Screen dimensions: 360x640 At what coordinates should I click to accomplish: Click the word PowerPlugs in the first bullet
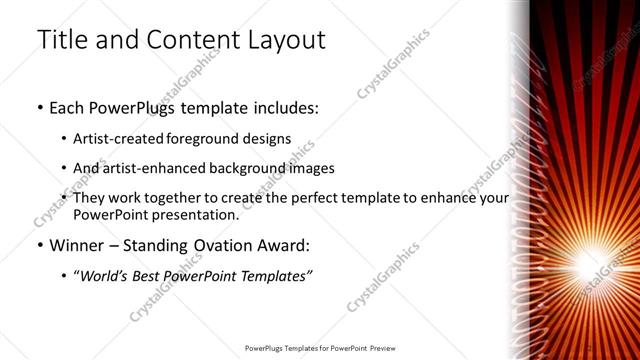coord(136,107)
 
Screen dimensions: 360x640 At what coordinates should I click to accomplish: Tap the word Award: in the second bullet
coord(290,245)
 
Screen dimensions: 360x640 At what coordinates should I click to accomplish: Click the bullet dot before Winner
coord(39,246)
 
